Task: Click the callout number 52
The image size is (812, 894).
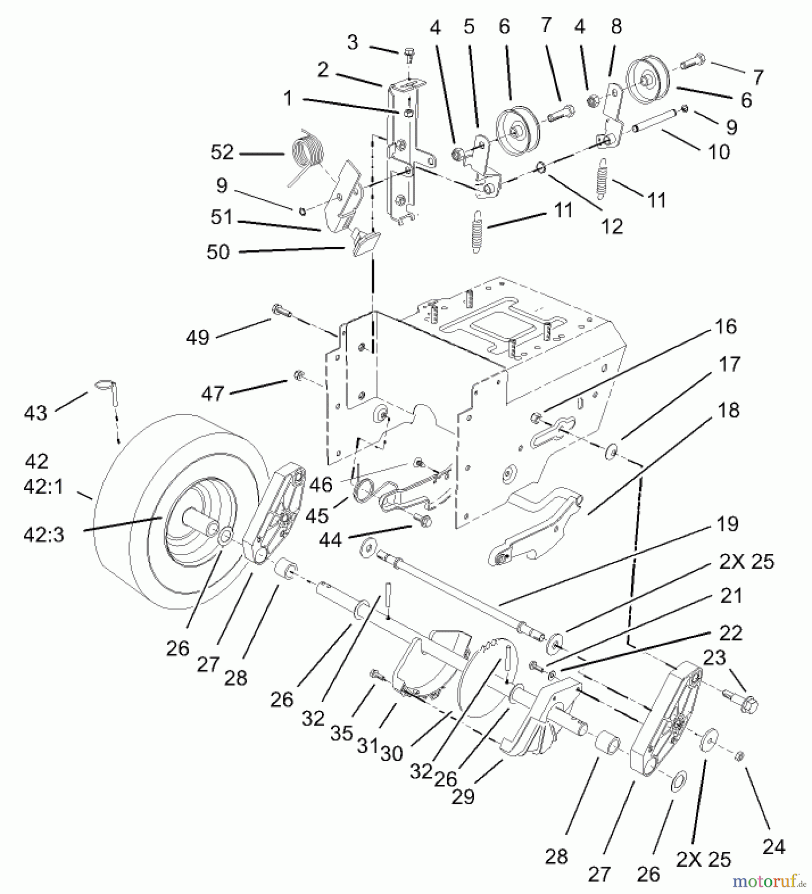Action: [x=221, y=152]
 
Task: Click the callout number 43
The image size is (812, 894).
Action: [x=35, y=413]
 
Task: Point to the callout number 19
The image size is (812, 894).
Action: [x=728, y=524]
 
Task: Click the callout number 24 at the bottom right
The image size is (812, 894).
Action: [x=774, y=847]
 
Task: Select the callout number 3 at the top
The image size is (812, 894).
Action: [x=352, y=43]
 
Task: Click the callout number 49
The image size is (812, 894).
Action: [x=198, y=338]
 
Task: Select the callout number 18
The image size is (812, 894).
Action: [x=729, y=411]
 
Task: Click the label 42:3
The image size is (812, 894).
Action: [x=44, y=536]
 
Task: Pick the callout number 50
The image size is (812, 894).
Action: [x=218, y=252]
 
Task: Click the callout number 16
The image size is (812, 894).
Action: [x=726, y=327]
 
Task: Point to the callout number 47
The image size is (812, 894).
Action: [x=213, y=394]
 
